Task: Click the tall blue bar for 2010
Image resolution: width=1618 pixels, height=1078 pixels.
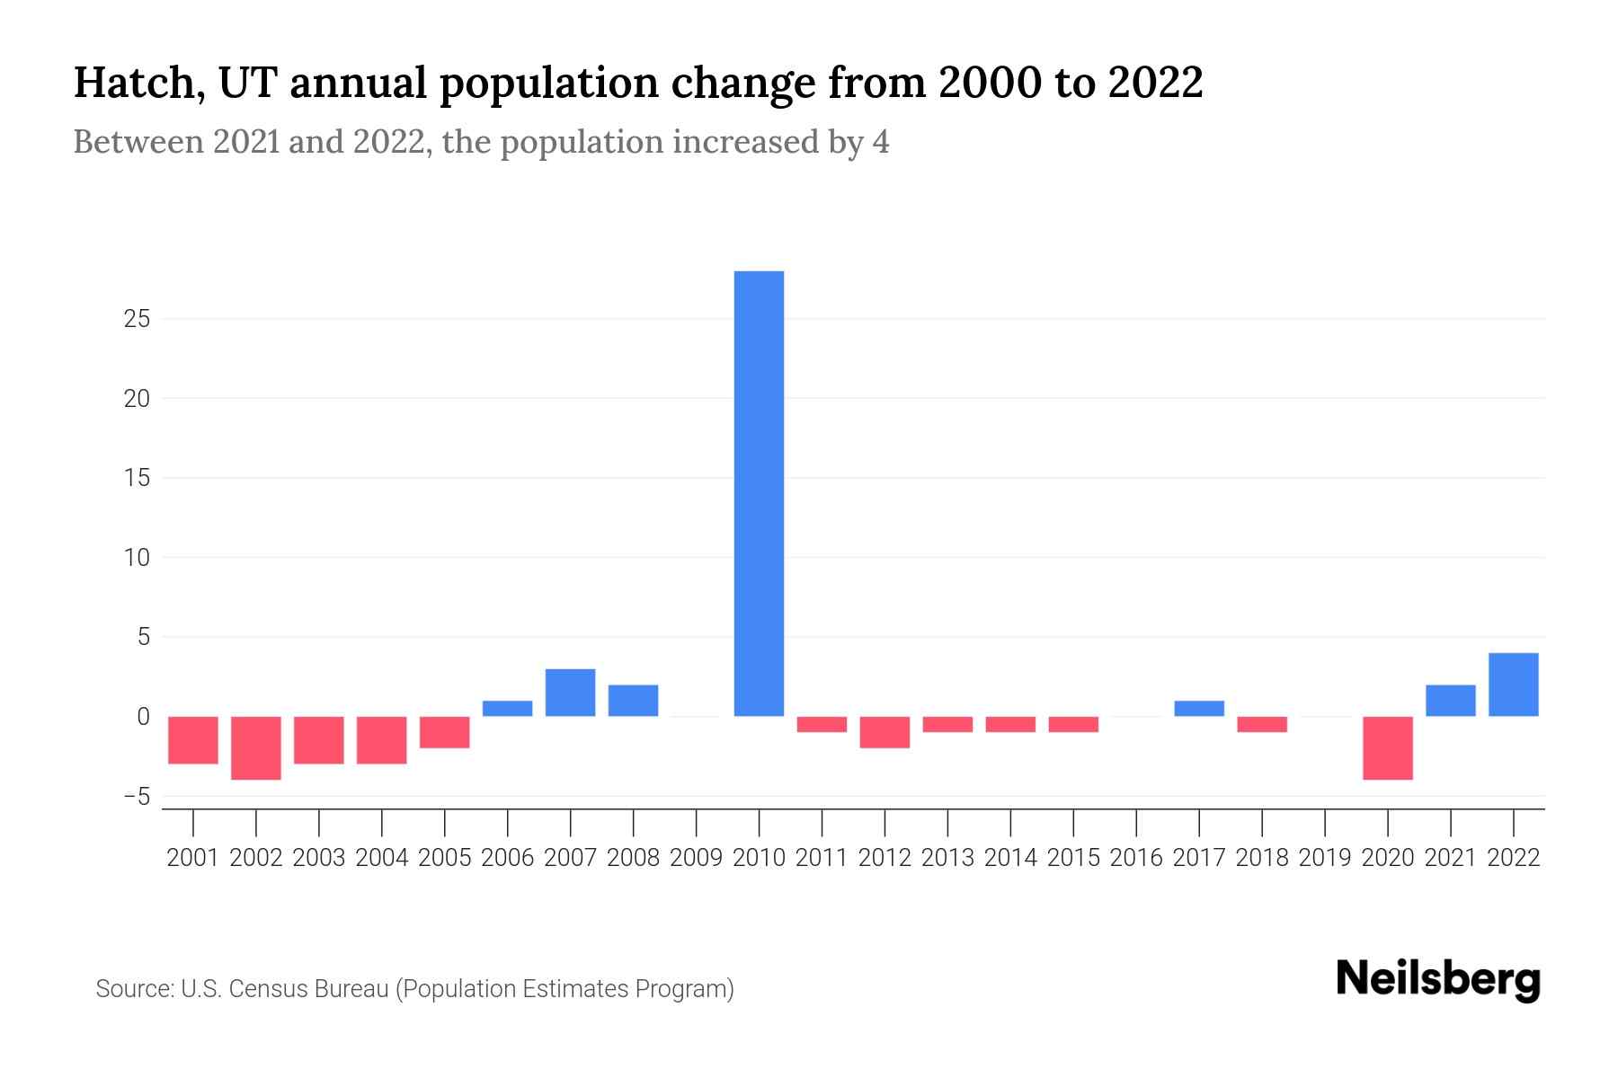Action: pos(759,493)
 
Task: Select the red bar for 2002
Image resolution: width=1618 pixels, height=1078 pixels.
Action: pos(256,747)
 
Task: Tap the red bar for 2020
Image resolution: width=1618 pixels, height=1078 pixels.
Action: pos(1388,747)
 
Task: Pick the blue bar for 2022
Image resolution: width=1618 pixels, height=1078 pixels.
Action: pos(1514,685)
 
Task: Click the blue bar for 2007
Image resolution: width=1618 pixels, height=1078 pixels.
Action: pos(570,693)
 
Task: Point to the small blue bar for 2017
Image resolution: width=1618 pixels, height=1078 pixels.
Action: pos(1199,708)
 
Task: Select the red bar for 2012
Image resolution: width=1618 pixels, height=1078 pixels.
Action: pos(885,732)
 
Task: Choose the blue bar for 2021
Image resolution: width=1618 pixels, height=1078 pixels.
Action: pos(1451,701)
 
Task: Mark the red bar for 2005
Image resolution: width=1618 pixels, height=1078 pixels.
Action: pos(445,732)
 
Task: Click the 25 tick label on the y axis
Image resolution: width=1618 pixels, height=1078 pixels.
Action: pos(137,319)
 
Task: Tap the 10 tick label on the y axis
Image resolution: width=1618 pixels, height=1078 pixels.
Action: pos(137,558)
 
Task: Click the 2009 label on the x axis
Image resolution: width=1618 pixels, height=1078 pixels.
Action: pos(696,858)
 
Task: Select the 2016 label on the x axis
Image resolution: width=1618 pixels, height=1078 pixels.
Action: pos(1136,858)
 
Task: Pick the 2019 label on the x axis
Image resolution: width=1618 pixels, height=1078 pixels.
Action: pos(1325,858)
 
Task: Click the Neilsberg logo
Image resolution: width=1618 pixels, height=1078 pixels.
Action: pos(1438,979)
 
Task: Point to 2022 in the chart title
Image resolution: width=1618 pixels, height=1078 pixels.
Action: pos(1155,83)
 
